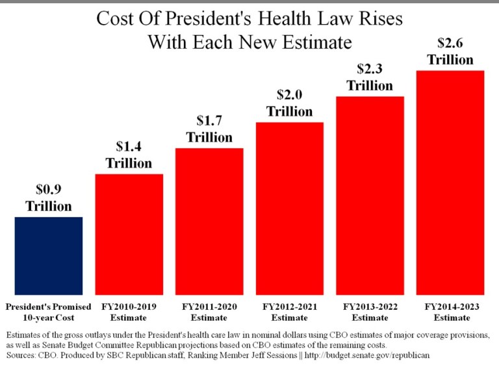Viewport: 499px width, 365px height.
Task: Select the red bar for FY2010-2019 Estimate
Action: point(129,234)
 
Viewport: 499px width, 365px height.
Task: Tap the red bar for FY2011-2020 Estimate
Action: point(209,221)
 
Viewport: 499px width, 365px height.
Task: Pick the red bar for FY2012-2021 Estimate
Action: point(289,208)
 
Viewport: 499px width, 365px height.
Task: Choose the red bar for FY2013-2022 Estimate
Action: point(370,195)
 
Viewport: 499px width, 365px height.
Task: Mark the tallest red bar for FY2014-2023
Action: point(450,182)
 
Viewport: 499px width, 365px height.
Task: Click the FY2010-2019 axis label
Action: point(129,306)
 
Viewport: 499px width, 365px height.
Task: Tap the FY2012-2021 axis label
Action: point(289,306)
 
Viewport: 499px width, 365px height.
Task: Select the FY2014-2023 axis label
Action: point(450,306)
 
